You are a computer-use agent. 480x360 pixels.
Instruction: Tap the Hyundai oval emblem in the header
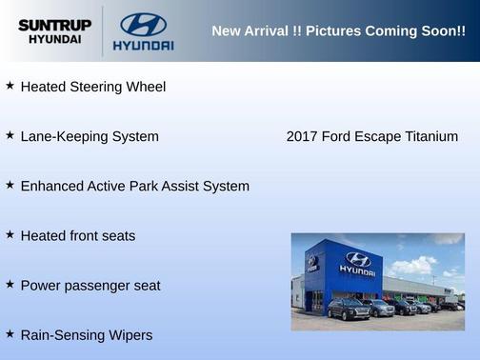click(143, 24)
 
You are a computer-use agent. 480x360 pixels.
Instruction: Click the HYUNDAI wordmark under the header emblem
click(143, 45)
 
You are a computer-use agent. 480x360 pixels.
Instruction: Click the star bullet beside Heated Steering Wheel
click(10, 86)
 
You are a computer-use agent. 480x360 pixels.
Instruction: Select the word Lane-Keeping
click(62, 136)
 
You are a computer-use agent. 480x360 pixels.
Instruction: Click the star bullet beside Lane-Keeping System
click(10, 135)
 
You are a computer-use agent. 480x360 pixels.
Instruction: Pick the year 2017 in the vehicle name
click(302, 136)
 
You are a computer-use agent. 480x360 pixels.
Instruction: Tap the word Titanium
click(431, 136)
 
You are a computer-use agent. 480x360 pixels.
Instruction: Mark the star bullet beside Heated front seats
click(10, 234)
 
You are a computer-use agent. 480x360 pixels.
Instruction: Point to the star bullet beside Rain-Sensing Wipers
click(10, 333)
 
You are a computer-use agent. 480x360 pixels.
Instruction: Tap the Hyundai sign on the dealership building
click(357, 263)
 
